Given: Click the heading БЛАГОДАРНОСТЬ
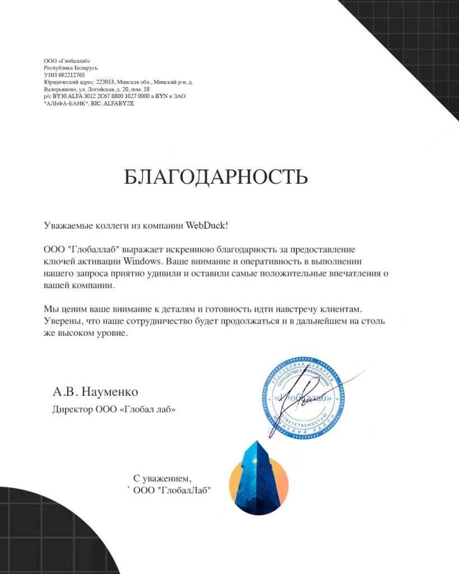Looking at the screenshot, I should click(216, 177).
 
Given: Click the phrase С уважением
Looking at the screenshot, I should click(162, 478).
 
